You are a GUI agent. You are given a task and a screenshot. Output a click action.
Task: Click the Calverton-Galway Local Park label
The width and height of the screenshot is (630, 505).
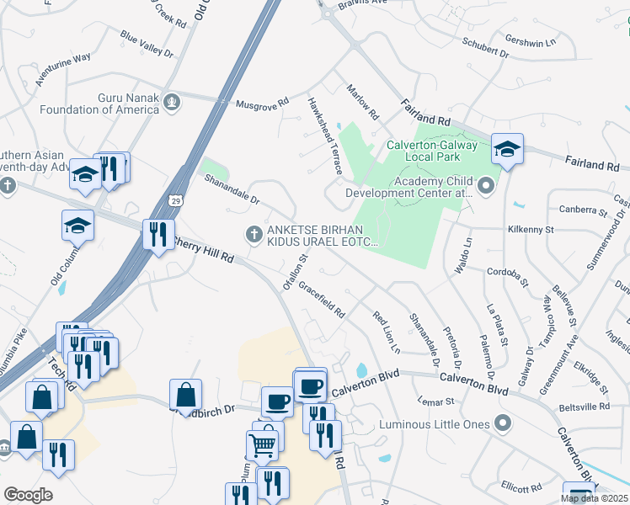[432, 151]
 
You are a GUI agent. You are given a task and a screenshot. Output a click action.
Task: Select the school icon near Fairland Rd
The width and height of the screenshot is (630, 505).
[507, 149]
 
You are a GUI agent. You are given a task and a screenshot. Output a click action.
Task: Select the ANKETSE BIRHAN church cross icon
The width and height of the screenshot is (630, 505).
[253, 234]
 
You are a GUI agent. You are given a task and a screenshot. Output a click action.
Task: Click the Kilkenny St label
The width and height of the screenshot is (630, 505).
[531, 229]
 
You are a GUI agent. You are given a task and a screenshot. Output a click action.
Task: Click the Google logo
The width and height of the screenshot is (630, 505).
[29, 494]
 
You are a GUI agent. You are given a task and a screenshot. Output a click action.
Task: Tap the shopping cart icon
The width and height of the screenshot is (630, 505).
[263, 445]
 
